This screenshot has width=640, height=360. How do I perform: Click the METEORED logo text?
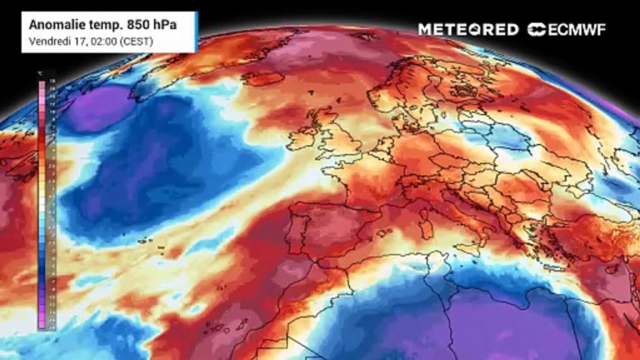[x=468, y=29]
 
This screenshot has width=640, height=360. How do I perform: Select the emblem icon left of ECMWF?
[x=536, y=29]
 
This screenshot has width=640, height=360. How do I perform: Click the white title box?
[x=109, y=32]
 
